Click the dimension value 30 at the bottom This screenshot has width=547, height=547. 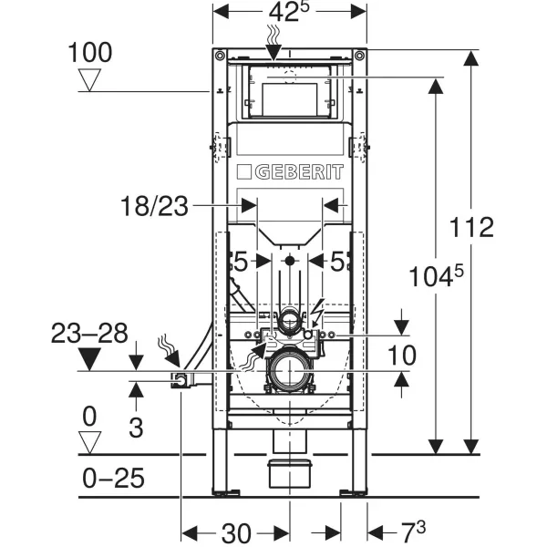pyautogui.click(x=237, y=532)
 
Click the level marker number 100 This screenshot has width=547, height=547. pyautogui.click(x=90, y=53)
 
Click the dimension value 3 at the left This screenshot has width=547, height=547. pyautogui.click(x=136, y=427)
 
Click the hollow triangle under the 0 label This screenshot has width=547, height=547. pyautogui.click(x=89, y=443)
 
